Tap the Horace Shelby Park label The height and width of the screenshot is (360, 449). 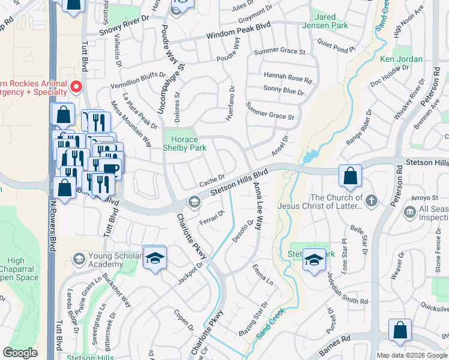coord(185,143)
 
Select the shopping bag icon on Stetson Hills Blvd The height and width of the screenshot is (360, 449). coord(350,176)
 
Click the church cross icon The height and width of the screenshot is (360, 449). coord(372,201)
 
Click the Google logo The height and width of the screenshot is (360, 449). coord(20,353)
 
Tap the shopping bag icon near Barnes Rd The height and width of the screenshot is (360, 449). coord(400,331)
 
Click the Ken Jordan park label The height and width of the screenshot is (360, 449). coord(401,59)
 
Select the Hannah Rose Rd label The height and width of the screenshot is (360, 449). coord(288,77)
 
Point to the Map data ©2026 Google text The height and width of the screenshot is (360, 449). coord(412,355)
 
